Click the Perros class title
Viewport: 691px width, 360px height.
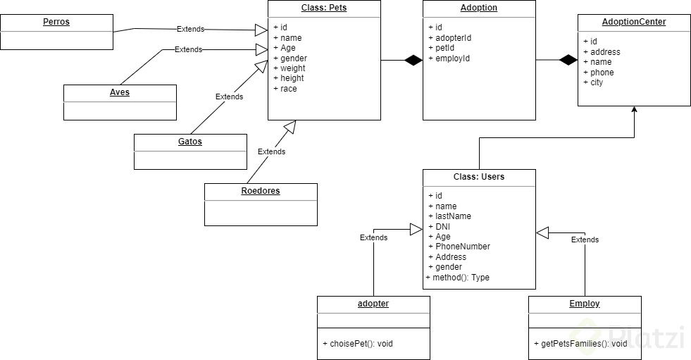[x=56, y=22]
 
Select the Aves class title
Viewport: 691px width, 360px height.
[x=120, y=92]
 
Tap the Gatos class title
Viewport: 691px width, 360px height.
[x=190, y=142]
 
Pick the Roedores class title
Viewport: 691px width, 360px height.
[x=261, y=191]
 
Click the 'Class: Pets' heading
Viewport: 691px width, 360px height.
[x=324, y=8]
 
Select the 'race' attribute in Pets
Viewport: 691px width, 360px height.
[x=288, y=89]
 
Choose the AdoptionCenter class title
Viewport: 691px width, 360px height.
[x=634, y=22]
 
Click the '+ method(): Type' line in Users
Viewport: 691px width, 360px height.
[x=457, y=278]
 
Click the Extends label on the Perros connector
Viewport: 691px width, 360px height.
[x=190, y=30]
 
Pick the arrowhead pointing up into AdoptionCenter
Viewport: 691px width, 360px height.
[x=635, y=110]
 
